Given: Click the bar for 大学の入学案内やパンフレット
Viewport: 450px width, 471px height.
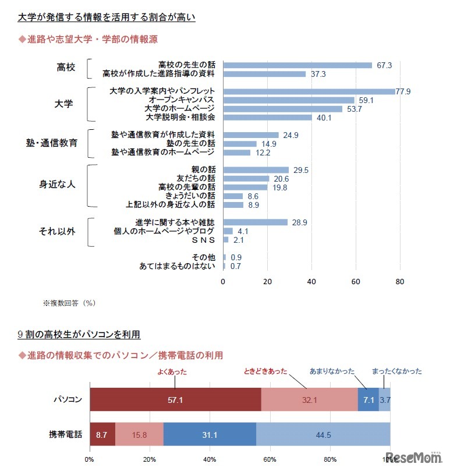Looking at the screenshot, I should (x=309, y=91).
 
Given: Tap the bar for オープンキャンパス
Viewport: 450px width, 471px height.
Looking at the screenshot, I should (x=288, y=100).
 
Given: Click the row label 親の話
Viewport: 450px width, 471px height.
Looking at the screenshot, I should (x=204, y=169).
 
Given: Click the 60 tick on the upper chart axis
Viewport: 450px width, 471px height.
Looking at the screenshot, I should (x=356, y=282).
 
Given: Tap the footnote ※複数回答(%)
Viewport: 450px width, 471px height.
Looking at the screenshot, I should (x=69, y=303).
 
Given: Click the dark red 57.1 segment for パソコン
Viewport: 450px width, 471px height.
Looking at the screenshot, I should (x=175, y=400).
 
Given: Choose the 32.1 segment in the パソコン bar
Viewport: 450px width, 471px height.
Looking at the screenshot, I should (x=309, y=400).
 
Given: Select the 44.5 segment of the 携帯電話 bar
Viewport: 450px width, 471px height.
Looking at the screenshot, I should (x=323, y=434).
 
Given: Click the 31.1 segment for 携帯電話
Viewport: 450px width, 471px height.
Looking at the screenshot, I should (x=210, y=434).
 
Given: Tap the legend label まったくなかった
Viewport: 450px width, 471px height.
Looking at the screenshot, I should (x=397, y=371).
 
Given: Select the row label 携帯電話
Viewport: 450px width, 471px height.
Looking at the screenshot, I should (x=65, y=434).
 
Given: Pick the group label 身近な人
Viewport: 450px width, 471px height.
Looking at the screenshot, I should (x=57, y=185).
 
